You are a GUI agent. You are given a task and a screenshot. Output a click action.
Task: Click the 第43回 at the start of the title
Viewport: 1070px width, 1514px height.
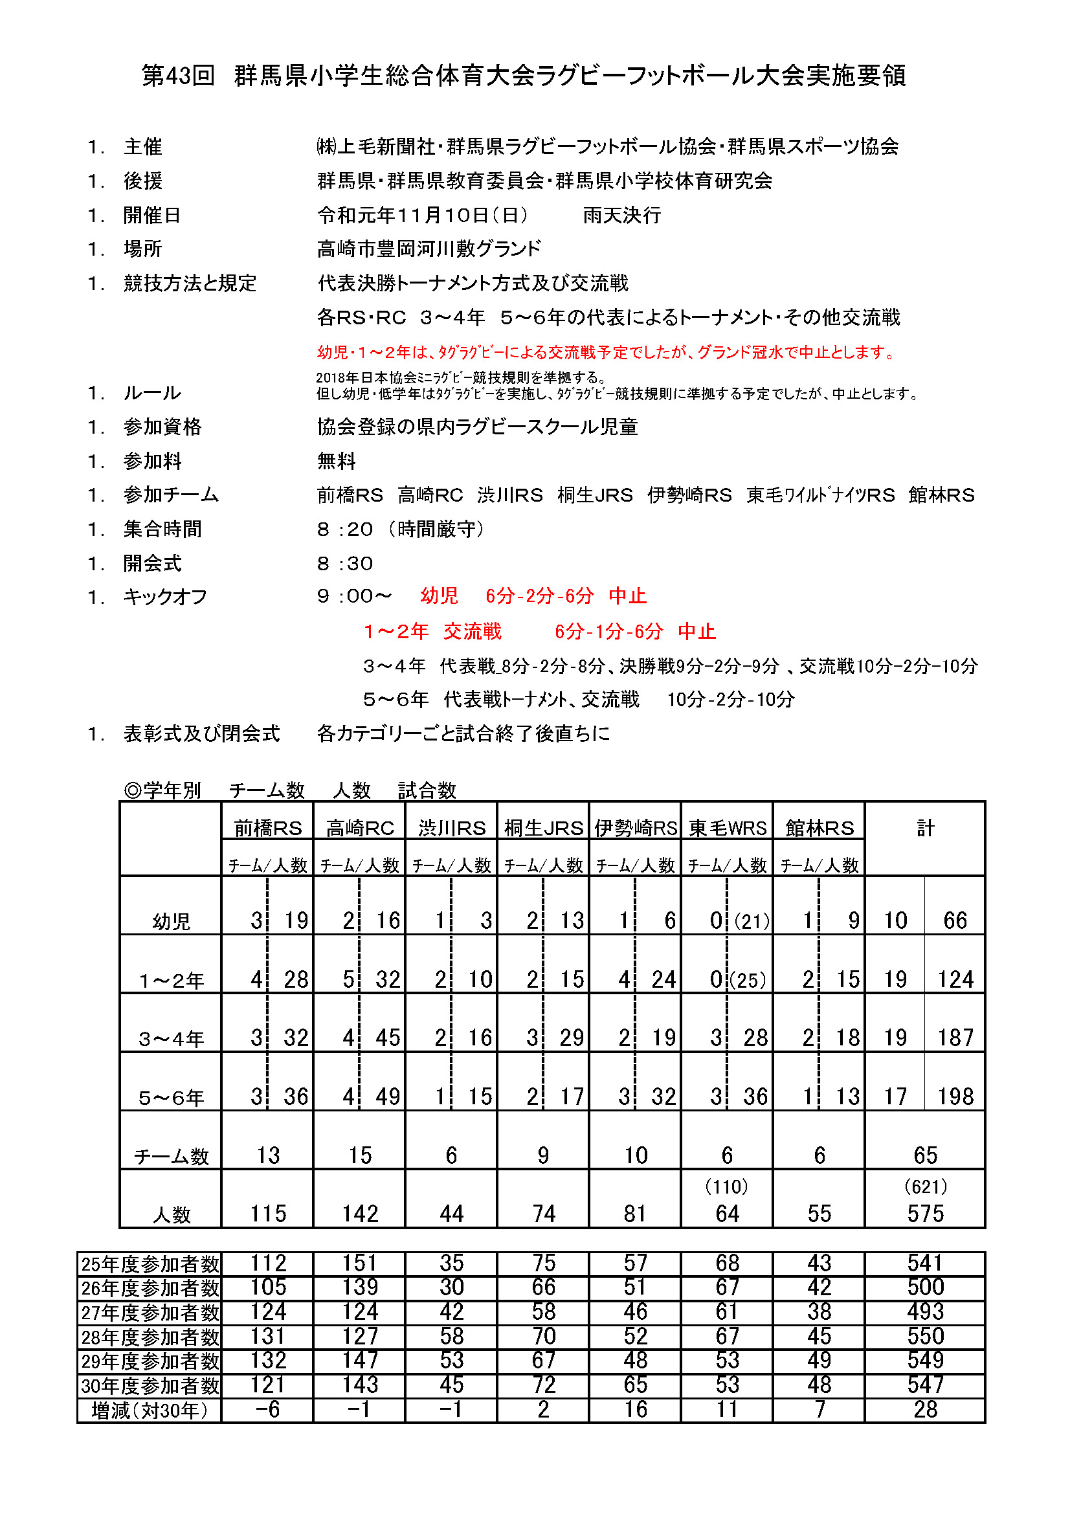178,76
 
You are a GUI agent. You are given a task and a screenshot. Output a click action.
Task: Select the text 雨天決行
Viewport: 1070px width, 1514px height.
621,215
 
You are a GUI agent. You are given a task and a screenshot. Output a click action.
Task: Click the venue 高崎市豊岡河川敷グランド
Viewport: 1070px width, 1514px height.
429,249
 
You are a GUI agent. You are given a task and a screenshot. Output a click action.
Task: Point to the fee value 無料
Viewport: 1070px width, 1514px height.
336,461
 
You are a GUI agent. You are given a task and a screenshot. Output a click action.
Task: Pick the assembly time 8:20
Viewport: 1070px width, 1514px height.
345,529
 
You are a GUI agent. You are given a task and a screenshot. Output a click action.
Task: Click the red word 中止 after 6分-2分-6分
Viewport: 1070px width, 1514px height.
627,596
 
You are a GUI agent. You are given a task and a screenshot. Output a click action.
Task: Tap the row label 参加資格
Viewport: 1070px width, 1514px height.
162,427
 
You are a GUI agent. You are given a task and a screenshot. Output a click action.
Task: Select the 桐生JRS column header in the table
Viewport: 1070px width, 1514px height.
543,828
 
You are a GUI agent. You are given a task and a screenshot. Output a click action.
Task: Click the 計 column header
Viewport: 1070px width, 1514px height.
925,828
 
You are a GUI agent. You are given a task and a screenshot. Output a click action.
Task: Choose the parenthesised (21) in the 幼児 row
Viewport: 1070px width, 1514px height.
752,921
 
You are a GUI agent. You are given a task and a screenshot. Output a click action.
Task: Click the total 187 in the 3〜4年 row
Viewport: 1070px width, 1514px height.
955,1038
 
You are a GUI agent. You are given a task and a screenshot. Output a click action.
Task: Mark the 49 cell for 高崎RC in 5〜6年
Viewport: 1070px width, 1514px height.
388,1097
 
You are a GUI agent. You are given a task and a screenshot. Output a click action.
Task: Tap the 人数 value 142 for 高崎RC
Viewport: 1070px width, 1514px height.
360,1213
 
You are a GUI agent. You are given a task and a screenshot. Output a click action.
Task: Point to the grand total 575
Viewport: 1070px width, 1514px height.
925,1213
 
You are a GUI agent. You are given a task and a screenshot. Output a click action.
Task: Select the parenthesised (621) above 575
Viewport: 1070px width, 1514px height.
925,1187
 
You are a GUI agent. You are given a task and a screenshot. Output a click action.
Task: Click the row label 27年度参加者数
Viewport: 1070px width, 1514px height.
150,1312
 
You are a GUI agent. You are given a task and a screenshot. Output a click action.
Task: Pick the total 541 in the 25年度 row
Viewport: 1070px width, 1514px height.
925,1263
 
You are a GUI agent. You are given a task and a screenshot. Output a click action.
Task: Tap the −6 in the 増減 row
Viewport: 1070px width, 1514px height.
268,1409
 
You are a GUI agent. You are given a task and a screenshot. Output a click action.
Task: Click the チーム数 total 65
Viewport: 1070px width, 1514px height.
925,1155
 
